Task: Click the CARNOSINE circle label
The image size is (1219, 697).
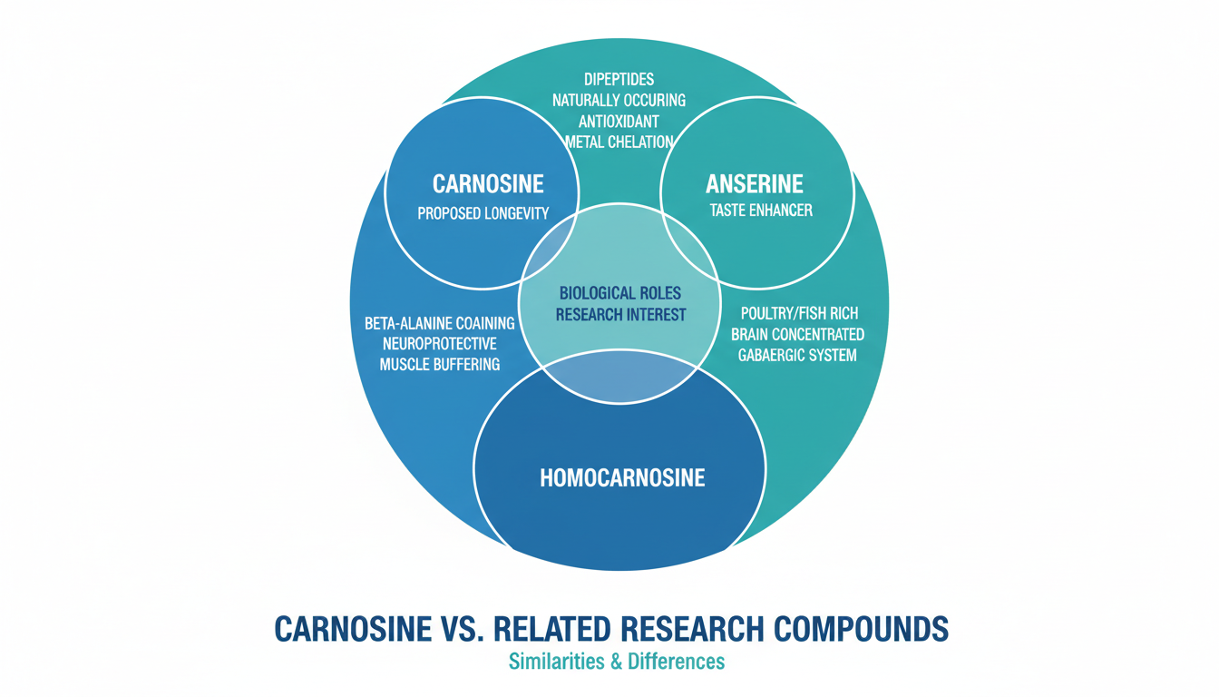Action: (x=488, y=184)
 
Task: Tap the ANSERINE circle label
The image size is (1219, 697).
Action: (x=755, y=184)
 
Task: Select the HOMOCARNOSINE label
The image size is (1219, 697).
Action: (x=622, y=477)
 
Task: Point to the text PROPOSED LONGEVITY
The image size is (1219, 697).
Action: (x=483, y=214)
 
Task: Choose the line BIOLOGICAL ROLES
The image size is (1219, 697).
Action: (x=621, y=293)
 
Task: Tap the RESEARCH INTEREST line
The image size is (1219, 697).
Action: (x=621, y=315)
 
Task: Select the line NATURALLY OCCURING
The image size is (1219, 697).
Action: (x=619, y=100)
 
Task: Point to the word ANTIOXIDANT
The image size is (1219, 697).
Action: (x=619, y=121)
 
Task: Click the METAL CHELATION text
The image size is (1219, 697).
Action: (x=619, y=142)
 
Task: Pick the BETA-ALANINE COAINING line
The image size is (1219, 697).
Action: (x=440, y=323)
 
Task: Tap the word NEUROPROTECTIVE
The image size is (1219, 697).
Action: (x=440, y=344)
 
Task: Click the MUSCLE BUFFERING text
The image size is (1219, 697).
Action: (x=440, y=364)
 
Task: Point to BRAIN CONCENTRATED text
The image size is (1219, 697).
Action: (x=797, y=334)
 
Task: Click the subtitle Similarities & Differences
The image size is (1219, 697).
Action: (x=617, y=662)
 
